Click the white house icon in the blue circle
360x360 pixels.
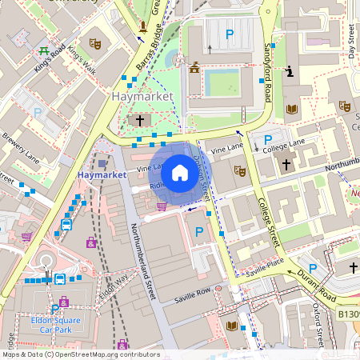click(180, 172)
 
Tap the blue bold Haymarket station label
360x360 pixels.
click(102, 174)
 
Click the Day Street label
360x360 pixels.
click(351, 40)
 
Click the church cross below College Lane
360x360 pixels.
click(286, 164)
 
